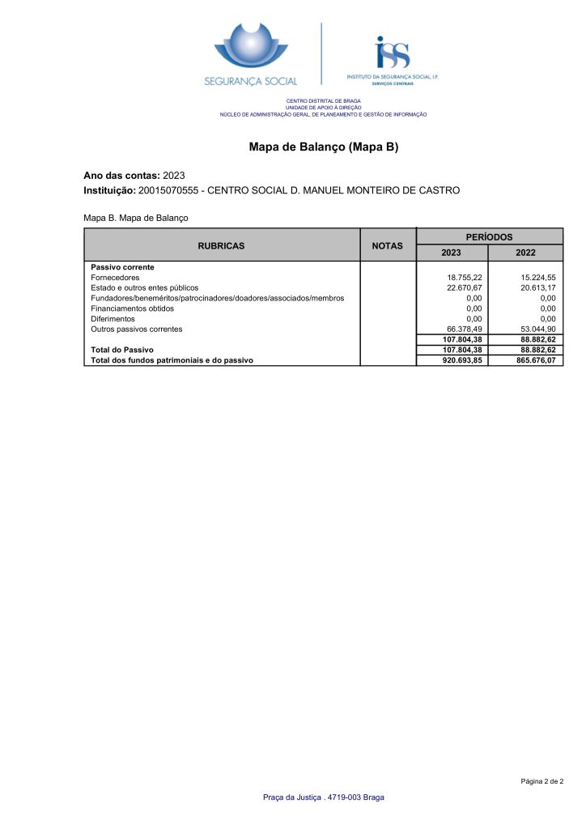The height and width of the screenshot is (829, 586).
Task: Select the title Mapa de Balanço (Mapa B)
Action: point(324,147)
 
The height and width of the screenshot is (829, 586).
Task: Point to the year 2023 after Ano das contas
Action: point(174,175)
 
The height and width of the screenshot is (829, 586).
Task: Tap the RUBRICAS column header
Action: point(222,245)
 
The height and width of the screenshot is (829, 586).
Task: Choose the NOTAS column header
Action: point(387,245)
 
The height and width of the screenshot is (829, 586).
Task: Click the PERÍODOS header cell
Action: point(489,236)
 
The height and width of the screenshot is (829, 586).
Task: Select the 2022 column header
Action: point(525,253)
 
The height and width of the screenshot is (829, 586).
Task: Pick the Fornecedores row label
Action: point(115,278)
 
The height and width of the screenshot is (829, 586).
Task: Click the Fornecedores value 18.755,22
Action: point(465,278)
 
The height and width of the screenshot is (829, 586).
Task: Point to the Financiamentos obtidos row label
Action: point(132,308)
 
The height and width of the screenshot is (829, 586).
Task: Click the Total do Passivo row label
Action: point(122,350)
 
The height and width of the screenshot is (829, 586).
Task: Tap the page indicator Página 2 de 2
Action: point(541,781)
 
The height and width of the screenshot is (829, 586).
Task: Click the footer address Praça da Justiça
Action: point(323,797)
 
